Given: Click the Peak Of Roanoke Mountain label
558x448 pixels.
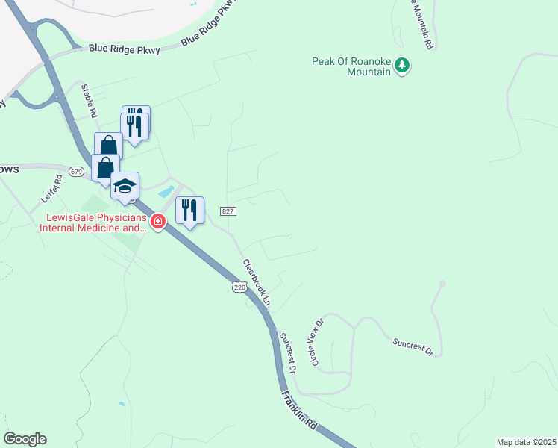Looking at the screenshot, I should pos(351,66).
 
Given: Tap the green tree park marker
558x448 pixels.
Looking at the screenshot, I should pos(403,66).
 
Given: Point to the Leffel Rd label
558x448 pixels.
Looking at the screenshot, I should pos(51,190).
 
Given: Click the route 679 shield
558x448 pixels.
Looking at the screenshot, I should pos(76,172).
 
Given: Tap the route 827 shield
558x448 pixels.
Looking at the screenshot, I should pos(229,212).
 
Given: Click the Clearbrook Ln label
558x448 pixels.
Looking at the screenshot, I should pos(256,284).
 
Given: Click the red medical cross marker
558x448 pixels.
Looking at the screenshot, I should pos(158,221).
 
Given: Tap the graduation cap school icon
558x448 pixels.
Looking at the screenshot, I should pos(125,185).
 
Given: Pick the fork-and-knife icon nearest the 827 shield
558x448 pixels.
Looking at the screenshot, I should pos(189,210).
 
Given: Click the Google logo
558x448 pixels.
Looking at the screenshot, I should pos(25,439).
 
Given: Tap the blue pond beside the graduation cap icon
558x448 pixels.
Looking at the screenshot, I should pos(166,191).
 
